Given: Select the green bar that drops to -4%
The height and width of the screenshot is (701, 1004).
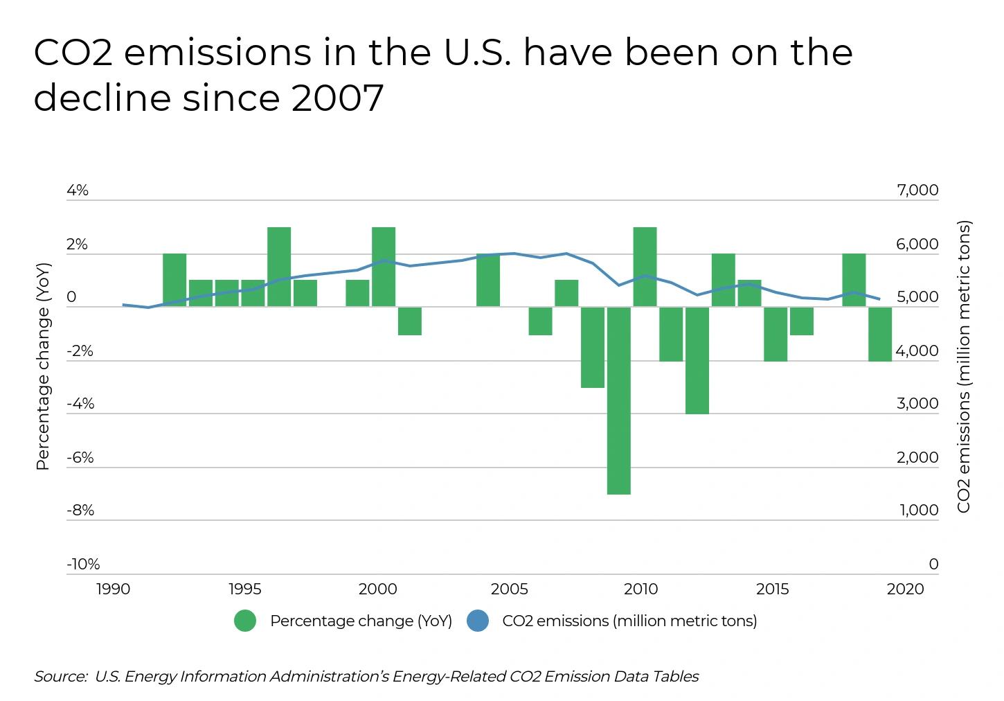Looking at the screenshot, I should tap(697, 360).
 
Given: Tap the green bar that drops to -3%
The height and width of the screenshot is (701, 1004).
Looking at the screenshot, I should tap(593, 347).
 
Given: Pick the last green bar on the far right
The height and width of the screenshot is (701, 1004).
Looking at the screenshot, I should tap(880, 334).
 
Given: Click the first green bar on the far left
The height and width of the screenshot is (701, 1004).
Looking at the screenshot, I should tap(174, 280).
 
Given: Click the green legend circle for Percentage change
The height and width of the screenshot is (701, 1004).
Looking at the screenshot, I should tap(245, 621).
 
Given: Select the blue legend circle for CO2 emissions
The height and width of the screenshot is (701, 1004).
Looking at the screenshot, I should tap(478, 621).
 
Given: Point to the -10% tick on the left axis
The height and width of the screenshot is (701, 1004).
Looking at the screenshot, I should tap(83, 564).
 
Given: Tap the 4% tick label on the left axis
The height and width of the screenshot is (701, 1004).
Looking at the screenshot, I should tap(78, 190).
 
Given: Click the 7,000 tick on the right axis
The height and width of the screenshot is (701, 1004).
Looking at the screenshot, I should tap(917, 190).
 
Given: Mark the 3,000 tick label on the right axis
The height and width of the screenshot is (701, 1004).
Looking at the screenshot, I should tap(917, 404).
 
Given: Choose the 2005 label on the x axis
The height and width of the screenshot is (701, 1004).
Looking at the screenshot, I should tap(509, 589).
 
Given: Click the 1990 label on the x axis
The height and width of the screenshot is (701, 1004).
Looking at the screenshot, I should tap(114, 589).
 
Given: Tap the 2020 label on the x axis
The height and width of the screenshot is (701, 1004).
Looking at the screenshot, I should tap(905, 589).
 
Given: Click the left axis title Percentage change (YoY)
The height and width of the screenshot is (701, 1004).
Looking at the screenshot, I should tap(43, 366).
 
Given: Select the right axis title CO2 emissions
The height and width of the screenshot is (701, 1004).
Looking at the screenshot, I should tap(964, 366).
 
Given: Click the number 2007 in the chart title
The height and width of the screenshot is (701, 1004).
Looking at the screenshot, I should tap(337, 98).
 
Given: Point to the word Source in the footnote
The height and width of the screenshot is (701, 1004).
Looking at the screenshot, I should tap(60, 677).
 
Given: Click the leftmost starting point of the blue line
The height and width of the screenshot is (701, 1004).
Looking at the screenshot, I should tap(123, 304).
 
